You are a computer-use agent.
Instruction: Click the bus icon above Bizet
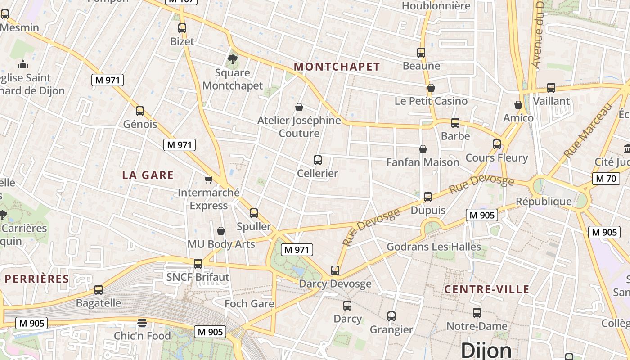[x=182, y=28]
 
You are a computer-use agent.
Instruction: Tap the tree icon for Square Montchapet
[x=232, y=59]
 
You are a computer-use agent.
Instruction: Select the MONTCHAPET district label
[x=337, y=67]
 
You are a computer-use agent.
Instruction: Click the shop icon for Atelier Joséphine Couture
[x=299, y=107]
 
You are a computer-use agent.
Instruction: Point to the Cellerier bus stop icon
[x=318, y=160]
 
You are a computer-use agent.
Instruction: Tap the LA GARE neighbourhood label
[x=148, y=175]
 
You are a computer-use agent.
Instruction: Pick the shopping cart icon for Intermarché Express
[x=208, y=180]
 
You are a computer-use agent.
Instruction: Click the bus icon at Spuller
[x=254, y=213]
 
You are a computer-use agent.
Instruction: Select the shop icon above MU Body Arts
[x=221, y=231]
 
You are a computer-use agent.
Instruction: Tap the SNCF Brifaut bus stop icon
[x=198, y=264]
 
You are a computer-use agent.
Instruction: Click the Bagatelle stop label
[x=99, y=303]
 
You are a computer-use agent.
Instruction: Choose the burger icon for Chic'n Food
[x=142, y=323]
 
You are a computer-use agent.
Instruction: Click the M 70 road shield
[x=605, y=179]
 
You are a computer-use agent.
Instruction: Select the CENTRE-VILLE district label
[x=487, y=289]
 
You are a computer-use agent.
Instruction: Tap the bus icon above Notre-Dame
[x=477, y=313]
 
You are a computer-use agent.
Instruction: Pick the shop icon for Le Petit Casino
[x=431, y=88]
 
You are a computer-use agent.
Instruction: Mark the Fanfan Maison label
[x=423, y=162]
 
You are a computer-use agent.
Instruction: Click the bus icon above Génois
[x=140, y=111]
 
